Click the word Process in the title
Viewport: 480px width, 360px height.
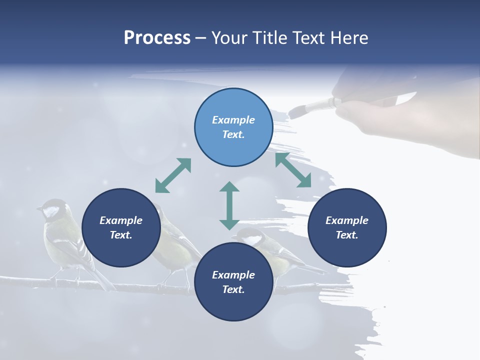point(157,38)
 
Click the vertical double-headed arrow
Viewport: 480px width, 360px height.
point(229,205)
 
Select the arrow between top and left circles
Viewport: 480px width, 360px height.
point(173,175)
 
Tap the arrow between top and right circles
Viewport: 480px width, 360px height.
point(293,170)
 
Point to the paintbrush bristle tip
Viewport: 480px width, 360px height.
point(294,111)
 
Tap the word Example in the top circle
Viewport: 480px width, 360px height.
point(233,120)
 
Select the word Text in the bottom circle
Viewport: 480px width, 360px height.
point(233,289)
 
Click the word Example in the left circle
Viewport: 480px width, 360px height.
point(121,220)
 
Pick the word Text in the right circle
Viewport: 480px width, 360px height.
point(347,235)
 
